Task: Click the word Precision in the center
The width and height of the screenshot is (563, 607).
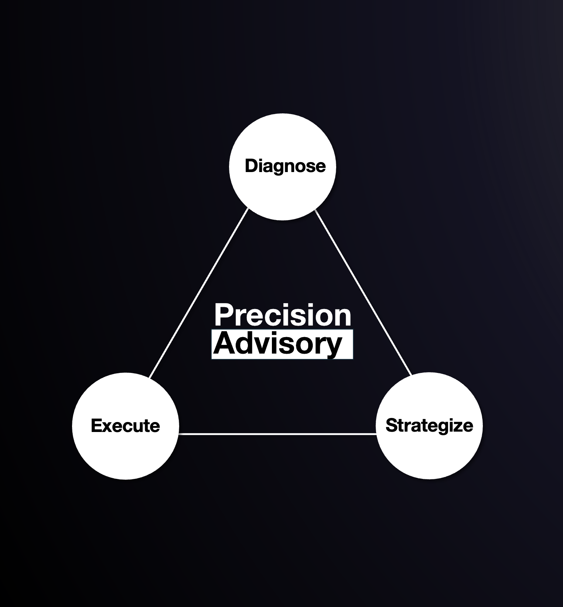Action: [283, 315]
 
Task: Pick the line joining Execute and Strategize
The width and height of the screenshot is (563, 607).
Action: [277, 434]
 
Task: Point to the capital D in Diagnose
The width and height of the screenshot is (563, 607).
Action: [251, 166]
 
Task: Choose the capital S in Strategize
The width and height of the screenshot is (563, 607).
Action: [391, 425]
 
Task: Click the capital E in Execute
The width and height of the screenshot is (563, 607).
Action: [96, 425]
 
